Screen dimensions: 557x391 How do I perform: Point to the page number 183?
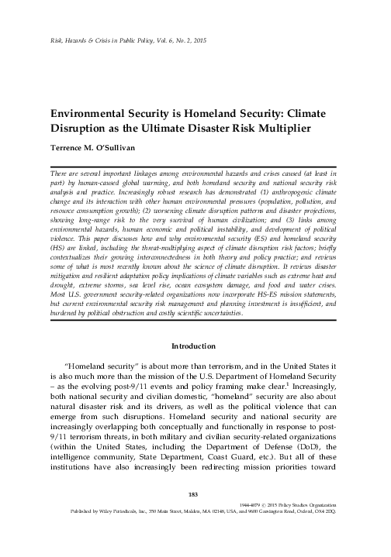coord(195,516)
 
